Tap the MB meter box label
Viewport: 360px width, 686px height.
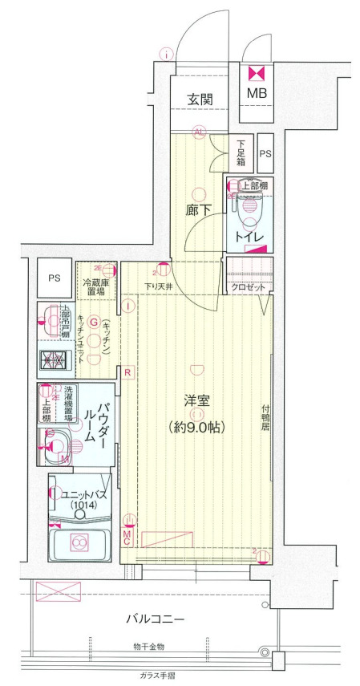point(257,93)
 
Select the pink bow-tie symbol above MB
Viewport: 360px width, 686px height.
point(257,73)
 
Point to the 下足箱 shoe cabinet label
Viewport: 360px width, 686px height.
point(241,152)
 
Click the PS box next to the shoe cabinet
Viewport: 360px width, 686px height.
point(265,152)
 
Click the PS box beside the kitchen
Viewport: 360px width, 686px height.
point(54,278)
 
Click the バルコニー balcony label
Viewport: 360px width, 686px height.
point(156,619)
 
